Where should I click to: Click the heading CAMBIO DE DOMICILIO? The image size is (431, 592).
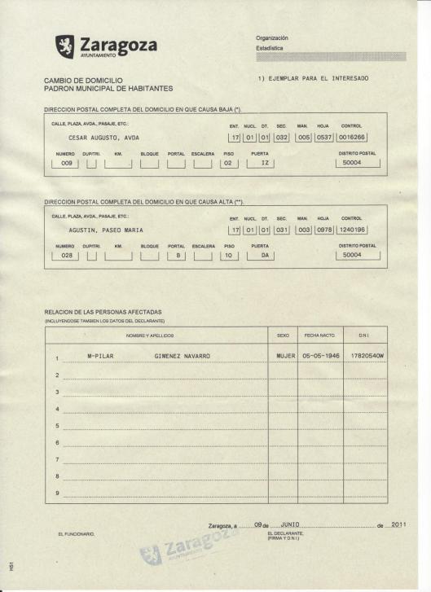coord(83,80)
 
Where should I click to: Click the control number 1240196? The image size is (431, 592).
coord(352,230)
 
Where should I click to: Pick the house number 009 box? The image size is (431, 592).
coord(68,164)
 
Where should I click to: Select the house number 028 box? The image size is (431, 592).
coord(68,256)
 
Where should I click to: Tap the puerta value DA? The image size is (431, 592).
coord(263,256)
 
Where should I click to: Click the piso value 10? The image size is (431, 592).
coord(229,256)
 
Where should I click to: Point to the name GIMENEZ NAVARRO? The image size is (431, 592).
coord(182,357)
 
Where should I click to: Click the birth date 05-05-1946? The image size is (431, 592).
coord(320,357)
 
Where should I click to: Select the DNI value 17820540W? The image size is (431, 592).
coord(364,357)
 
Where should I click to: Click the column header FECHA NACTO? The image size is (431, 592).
coord(320,335)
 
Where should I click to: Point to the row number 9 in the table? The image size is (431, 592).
coord(57,493)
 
